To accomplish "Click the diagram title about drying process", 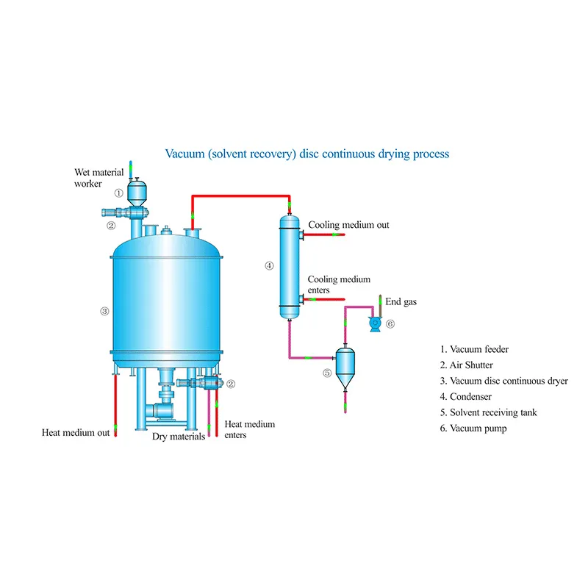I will click(x=306, y=154).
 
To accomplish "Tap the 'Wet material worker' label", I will click(x=98, y=178).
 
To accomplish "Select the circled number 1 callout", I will click(x=118, y=193).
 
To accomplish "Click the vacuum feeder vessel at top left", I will click(x=137, y=193).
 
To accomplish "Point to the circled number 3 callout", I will click(x=104, y=311).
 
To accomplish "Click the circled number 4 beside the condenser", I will click(x=270, y=265).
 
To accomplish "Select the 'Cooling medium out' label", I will click(x=348, y=225).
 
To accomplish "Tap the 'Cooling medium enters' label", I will click(x=339, y=284).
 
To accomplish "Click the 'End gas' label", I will click(x=401, y=301).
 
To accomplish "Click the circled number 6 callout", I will click(x=390, y=323).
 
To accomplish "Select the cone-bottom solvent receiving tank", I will click(x=343, y=364).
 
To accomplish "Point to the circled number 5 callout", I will click(x=327, y=373).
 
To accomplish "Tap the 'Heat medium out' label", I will click(x=76, y=433).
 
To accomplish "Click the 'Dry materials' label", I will click(x=179, y=437).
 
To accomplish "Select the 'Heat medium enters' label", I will click(x=249, y=429).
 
